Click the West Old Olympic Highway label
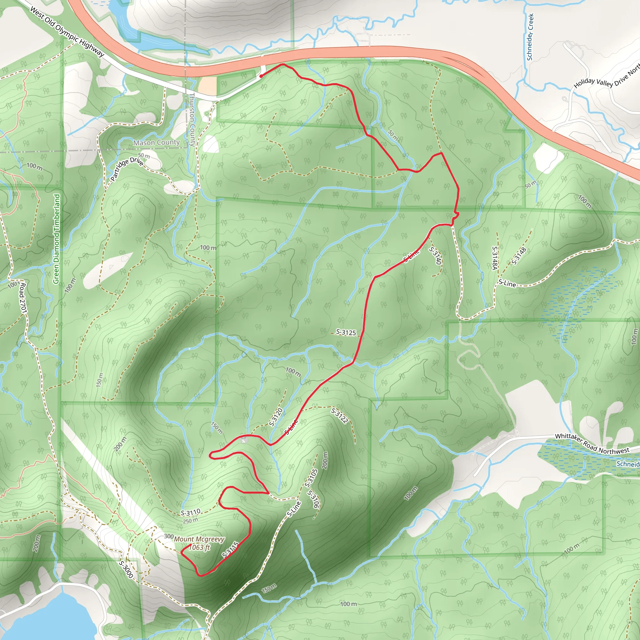coord(67,32)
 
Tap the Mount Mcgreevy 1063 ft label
coord(199,543)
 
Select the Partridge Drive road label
coord(127,169)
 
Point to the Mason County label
coord(156,143)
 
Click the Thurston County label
coord(192,119)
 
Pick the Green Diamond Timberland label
coord(57,238)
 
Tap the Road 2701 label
coord(23,298)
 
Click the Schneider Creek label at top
coord(530,37)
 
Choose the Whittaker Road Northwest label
coord(592,444)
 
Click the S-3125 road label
coord(346,332)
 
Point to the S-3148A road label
coord(495,258)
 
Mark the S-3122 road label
coord(340,416)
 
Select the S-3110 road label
coord(191,513)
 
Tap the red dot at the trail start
coord(261,76)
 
